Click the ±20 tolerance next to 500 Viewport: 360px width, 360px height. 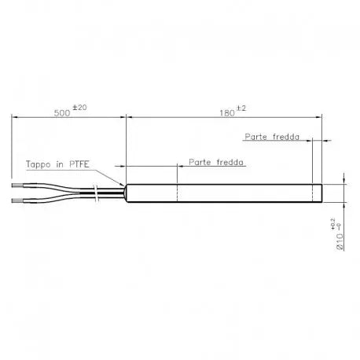[x=79, y=108]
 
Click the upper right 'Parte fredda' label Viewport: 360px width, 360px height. [x=271, y=136]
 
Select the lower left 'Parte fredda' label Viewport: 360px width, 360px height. [x=215, y=163]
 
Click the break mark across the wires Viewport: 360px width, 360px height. [x=94, y=193]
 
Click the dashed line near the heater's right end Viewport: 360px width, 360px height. [x=313, y=194]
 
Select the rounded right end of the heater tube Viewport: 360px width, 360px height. [x=322, y=194]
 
